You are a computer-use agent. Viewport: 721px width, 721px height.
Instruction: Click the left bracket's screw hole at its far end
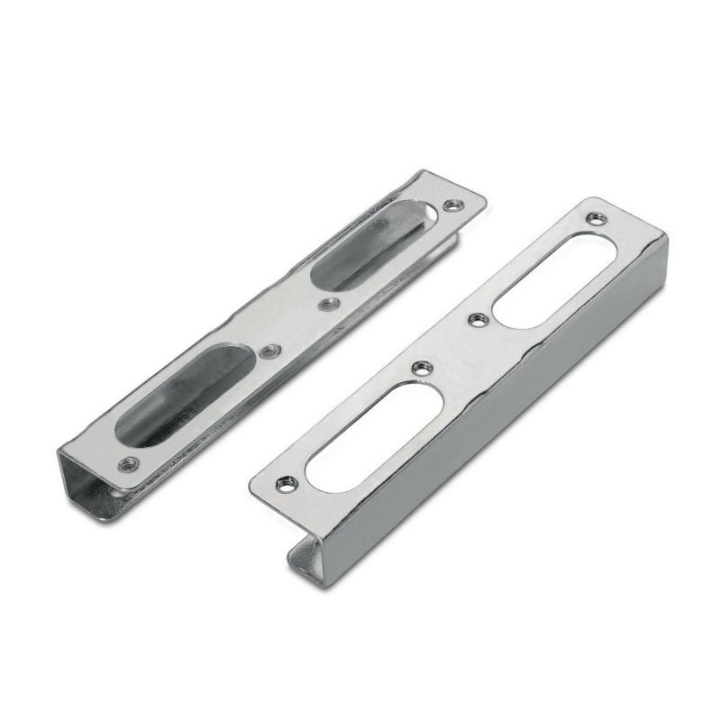point(453,205)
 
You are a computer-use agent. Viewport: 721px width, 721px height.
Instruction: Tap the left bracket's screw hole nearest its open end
point(129,463)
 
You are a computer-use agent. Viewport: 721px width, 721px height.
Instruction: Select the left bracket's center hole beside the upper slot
point(329,304)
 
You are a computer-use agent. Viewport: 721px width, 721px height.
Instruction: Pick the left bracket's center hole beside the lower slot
point(269,351)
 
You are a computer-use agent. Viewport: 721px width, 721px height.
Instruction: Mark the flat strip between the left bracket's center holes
point(299,327)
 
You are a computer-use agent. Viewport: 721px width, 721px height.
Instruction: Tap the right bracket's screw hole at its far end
point(595,218)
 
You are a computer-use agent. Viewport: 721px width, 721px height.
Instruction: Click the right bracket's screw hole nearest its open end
point(287,484)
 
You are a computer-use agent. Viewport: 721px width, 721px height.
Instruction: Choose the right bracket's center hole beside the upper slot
point(479,319)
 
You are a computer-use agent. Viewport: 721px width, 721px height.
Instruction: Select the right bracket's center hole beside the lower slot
point(421,367)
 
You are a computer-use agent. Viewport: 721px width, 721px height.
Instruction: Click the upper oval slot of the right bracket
point(554,279)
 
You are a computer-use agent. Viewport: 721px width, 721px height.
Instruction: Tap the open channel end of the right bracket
point(306,559)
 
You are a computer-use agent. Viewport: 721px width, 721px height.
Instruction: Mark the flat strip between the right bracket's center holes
point(451,342)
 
